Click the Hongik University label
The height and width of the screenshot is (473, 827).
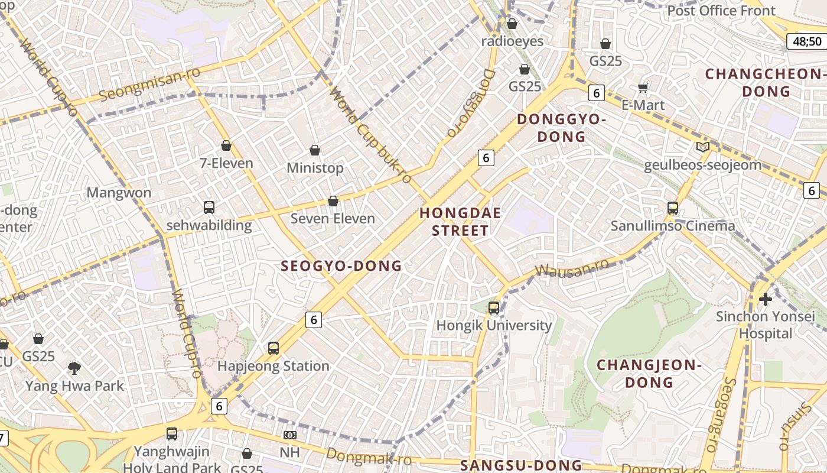(494, 325)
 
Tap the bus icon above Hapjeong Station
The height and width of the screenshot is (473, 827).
(273, 348)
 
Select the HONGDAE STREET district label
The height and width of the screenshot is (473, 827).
(460, 222)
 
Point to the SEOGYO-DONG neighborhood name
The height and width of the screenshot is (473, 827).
(341, 266)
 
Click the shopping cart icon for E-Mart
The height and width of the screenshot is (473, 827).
(643, 88)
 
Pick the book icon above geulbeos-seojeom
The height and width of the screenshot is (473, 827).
(702, 147)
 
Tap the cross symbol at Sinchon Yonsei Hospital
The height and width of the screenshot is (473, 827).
(766, 299)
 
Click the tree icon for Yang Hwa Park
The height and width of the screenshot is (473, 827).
(74, 369)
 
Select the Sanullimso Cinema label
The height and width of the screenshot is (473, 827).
(673, 226)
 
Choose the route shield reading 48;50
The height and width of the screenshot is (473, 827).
(807, 41)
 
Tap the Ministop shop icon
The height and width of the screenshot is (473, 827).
(315, 150)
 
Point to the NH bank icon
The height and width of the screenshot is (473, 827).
(289, 435)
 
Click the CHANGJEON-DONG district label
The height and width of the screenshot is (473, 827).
(649, 374)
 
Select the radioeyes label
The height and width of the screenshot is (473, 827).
(512, 41)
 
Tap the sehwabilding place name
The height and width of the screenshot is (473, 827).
(209, 225)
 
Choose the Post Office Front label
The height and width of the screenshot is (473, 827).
(721, 11)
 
